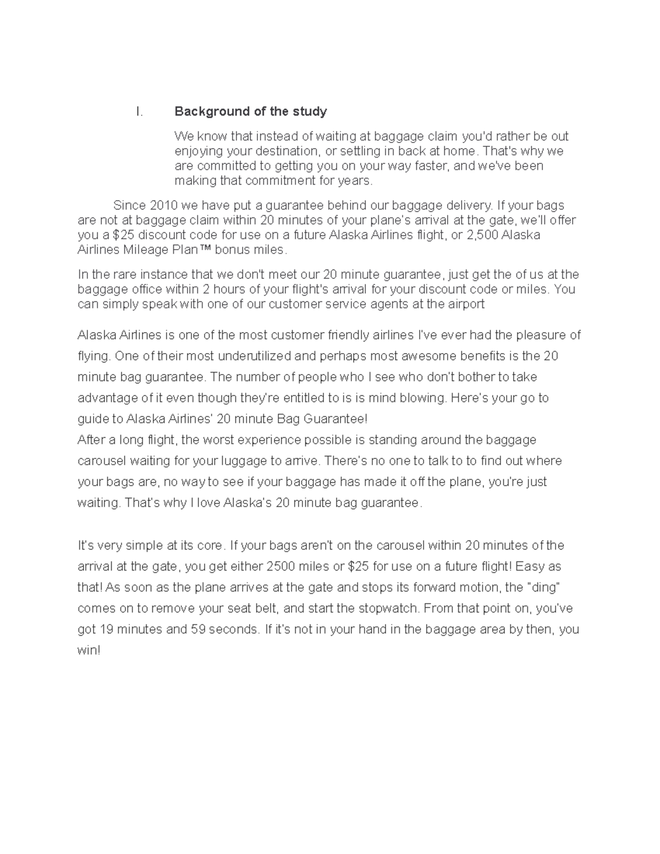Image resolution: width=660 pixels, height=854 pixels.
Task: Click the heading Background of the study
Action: (250, 112)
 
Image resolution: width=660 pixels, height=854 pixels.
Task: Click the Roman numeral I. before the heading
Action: (140, 112)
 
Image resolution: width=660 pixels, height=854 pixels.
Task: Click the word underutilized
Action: (254, 356)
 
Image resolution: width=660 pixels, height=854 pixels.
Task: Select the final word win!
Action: (89, 651)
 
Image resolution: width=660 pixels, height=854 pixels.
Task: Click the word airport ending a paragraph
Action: (465, 304)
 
